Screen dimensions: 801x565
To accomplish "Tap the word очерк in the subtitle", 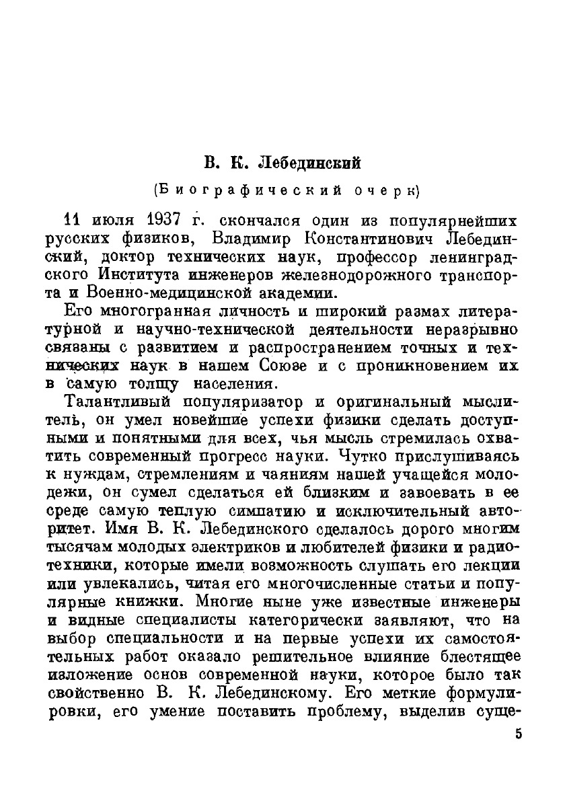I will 385,191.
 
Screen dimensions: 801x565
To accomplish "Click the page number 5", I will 518,734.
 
